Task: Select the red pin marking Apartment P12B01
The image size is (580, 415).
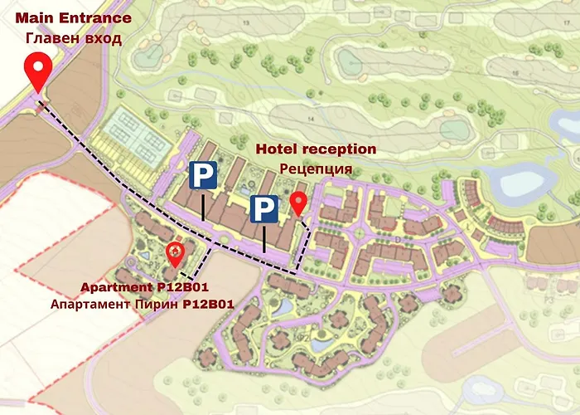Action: pos(175,252)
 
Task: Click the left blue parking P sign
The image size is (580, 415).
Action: pos(203,175)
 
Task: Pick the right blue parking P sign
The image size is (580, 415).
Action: pos(264,209)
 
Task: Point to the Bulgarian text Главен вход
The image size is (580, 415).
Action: pos(73,37)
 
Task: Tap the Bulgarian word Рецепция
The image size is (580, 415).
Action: pos(316,169)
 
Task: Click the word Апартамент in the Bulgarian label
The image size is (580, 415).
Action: pos(90,305)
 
